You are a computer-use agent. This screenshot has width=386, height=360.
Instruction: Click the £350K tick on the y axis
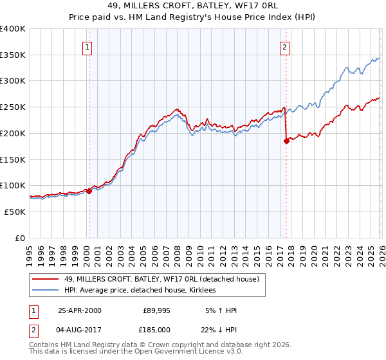13,55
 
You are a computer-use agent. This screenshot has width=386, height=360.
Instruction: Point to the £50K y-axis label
14,212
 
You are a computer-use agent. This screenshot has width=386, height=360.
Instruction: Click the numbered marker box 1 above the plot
87,46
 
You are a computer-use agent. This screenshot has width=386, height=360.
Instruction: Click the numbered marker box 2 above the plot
284,46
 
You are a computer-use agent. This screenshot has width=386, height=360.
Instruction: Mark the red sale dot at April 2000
89,191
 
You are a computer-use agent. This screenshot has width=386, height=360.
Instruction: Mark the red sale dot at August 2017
286,141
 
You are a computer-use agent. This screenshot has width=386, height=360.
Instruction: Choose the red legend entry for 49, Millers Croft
161,279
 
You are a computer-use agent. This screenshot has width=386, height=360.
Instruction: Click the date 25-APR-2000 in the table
80,310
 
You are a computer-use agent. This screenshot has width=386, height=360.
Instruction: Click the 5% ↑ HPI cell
222,310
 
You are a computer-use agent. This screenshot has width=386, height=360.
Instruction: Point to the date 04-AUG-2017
80,330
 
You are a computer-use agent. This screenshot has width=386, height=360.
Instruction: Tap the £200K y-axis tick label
13,133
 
